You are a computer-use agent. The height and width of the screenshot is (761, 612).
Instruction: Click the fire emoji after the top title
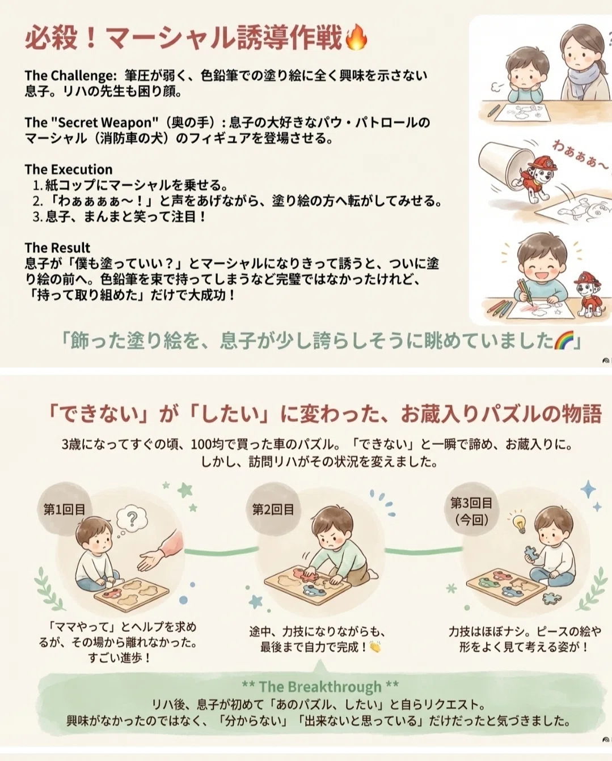[356, 37]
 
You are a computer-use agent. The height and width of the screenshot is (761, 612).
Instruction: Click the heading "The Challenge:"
[71, 76]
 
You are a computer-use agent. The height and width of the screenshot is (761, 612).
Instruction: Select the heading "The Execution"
[69, 169]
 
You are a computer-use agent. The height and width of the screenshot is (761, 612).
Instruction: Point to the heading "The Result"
[57, 248]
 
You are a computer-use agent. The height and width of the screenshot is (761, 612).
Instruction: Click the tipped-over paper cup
[503, 165]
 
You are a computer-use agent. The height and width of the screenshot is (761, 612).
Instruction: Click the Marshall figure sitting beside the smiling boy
[588, 294]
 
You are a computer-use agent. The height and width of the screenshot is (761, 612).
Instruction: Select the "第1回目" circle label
[65, 509]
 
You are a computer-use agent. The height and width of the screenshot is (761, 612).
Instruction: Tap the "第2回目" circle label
[273, 509]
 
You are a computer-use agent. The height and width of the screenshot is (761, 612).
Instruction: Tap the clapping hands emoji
[375, 647]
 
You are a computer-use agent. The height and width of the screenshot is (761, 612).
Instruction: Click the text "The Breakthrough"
[320, 687]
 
